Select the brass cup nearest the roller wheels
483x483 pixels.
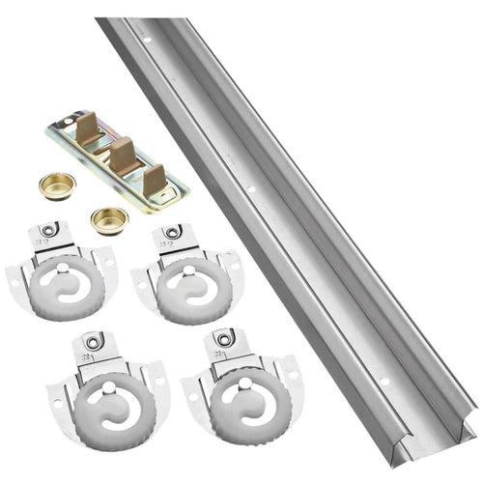108,217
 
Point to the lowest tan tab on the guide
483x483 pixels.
154,178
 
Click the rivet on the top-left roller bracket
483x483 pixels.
50,230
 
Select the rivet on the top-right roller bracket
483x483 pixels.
173,233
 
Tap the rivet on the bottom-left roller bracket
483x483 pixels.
92,341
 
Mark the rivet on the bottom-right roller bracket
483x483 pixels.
224,339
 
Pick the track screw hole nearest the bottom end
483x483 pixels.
384,381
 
